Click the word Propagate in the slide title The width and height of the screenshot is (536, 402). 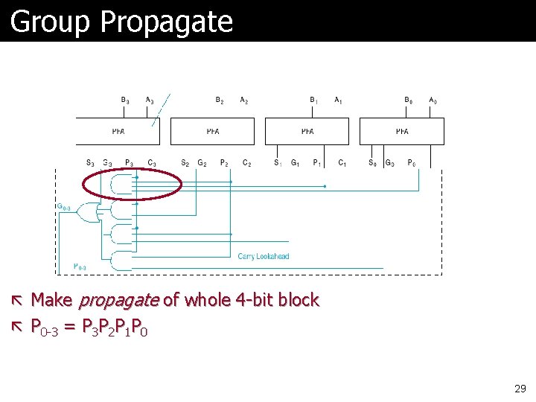[x=166, y=22]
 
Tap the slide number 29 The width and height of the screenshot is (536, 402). [x=520, y=389]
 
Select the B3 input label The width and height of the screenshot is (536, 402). [x=125, y=100]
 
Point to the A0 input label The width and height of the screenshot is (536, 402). [x=433, y=100]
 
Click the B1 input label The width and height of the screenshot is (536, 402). [x=314, y=100]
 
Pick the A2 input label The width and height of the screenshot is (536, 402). [x=244, y=100]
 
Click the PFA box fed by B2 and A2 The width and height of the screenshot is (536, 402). [x=212, y=131]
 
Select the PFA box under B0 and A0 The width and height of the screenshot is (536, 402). [x=402, y=131]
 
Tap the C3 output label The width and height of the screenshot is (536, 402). [x=152, y=162]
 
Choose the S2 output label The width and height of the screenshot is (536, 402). [x=185, y=162]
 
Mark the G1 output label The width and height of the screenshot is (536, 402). [x=296, y=162]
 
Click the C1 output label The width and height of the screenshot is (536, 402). [x=342, y=162]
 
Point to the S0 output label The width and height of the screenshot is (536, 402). [x=372, y=162]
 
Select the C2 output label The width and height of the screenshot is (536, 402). [x=246, y=162]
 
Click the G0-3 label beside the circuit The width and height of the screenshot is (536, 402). [x=64, y=206]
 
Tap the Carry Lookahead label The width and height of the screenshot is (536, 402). [x=264, y=256]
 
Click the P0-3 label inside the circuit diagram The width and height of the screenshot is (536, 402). [x=80, y=267]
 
